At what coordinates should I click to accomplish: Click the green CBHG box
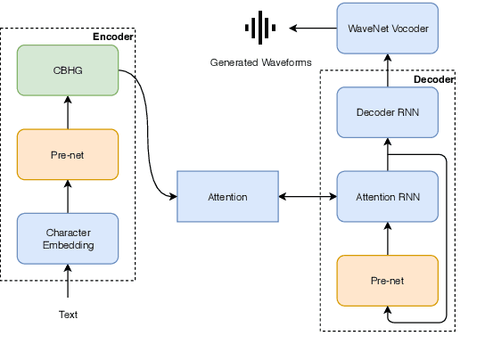68,70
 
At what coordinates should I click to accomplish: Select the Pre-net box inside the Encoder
68,154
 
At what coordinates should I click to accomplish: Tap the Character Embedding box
68,238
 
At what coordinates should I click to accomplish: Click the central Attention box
228,196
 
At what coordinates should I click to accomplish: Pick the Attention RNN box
388,196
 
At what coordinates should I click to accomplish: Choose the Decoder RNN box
388,111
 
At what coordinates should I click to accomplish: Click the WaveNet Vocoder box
388,28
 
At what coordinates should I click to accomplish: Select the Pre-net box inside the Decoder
388,280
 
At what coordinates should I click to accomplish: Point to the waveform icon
259,28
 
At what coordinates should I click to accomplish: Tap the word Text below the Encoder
68,315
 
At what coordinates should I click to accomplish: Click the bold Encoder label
113,37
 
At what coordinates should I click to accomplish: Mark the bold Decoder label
434,79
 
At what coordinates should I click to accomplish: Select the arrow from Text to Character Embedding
68,285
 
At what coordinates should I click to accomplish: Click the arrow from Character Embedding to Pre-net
68,197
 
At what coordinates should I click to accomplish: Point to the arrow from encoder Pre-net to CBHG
68,112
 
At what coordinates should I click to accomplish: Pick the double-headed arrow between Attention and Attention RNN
308,196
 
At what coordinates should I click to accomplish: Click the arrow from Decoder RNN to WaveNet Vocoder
388,70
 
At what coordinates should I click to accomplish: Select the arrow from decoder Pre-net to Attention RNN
388,238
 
